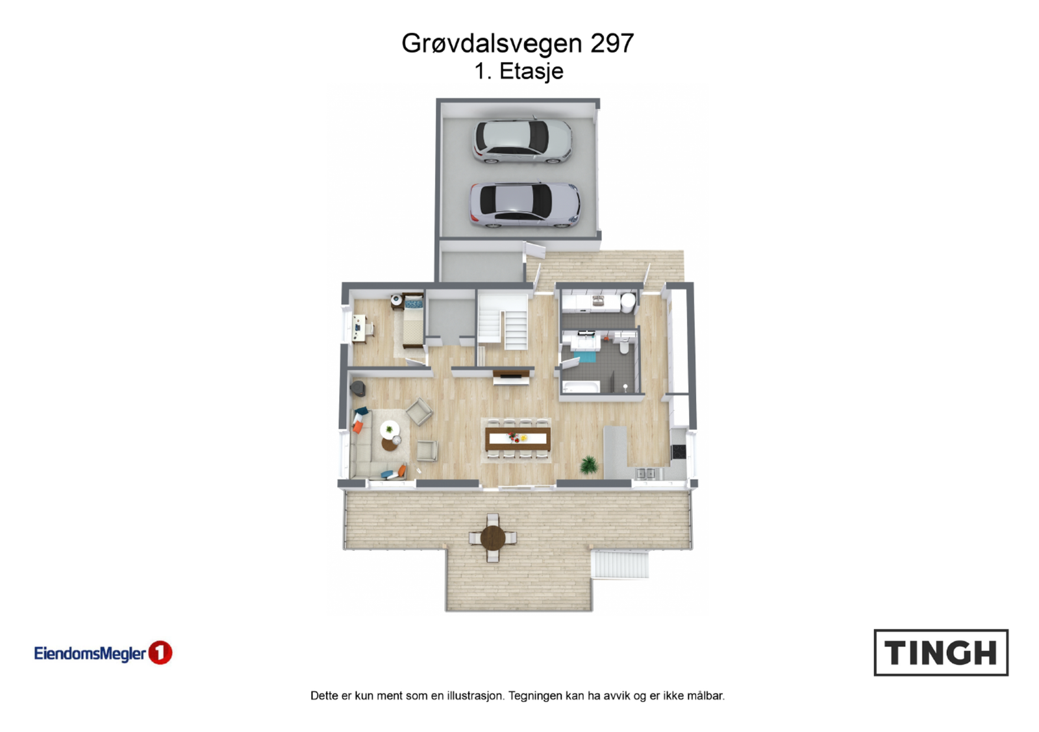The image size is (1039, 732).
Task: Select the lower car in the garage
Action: click(525, 205)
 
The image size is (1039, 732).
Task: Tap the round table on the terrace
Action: click(493, 538)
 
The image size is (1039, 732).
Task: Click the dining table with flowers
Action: click(518, 438)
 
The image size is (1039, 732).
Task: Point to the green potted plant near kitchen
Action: click(589, 464)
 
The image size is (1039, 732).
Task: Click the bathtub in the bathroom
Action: click(581, 388)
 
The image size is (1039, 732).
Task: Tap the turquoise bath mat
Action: click(586, 355)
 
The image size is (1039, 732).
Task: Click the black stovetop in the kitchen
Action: click(678, 451)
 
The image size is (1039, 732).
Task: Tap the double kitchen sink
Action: click(645, 473)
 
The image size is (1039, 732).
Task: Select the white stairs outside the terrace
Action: click(620, 564)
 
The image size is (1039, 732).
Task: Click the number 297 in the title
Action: click(612, 44)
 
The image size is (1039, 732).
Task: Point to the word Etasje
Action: click(531, 71)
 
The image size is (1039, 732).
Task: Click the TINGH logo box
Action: click(940, 652)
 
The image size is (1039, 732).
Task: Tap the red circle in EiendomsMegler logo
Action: click(160, 653)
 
